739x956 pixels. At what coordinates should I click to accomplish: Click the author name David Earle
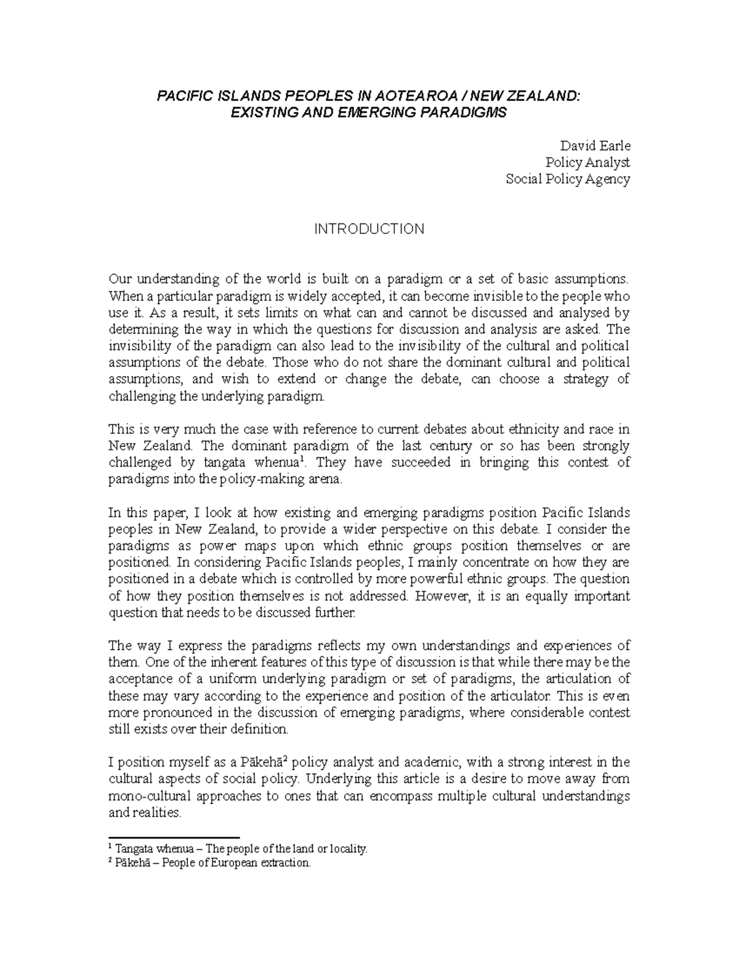pos(594,146)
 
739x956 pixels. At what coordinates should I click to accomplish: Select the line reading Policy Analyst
pos(588,163)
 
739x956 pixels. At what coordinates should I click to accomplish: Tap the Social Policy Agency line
pos(567,179)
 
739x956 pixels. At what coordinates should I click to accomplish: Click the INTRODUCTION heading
pos(369,229)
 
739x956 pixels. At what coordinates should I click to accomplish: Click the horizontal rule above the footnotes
pos(174,838)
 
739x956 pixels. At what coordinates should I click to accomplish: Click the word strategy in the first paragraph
pos(585,379)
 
